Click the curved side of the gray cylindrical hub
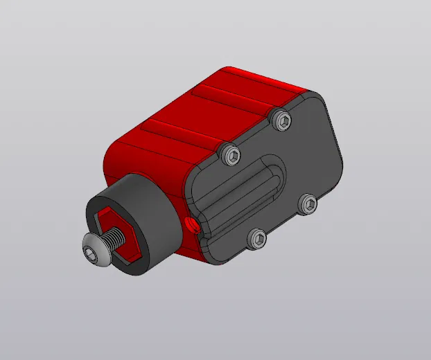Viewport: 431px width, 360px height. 156,208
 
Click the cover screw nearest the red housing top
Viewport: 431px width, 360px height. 229,154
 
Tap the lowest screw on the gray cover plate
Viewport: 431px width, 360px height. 257,239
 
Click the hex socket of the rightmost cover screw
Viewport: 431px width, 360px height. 308,204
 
